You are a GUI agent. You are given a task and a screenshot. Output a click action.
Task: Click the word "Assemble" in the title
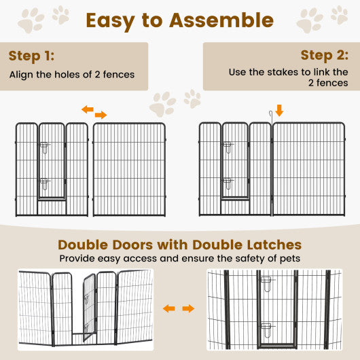(221, 20)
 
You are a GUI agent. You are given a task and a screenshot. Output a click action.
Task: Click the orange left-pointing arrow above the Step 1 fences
(88, 109)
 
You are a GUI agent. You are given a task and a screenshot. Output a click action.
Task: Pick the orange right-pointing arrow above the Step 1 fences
(101, 115)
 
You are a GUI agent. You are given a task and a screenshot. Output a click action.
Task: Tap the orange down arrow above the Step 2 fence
(279, 110)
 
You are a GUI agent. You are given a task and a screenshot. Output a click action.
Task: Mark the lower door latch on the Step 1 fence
(44, 183)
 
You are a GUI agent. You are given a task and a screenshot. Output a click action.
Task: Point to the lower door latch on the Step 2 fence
(228, 183)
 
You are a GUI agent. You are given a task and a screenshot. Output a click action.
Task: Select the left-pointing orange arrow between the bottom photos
(168, 308)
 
